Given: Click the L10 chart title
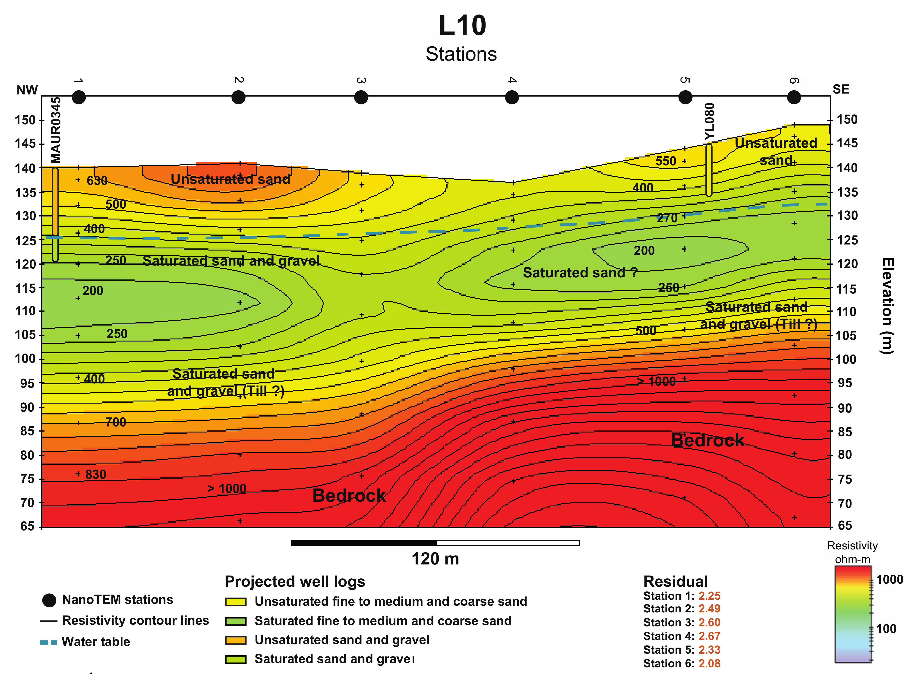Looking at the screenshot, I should click(462, 25).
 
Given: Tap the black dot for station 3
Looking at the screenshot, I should click(361, 97).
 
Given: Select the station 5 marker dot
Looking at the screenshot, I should click(685, 97).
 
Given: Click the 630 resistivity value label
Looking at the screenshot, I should click(97, 181).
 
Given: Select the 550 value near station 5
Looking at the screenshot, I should click(665, 161).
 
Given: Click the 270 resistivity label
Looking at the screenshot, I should click(667, 218).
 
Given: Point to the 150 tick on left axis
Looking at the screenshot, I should click(25, 120).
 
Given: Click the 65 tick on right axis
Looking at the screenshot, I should click(845, 525).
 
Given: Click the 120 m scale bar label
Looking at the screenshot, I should click(435, 559).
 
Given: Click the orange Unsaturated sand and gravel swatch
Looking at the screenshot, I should click(236, 640).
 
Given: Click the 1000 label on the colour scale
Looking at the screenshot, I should click(889, 580).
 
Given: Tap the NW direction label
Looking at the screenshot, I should click(27, 90).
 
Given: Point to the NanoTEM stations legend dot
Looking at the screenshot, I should click(49, 600).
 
